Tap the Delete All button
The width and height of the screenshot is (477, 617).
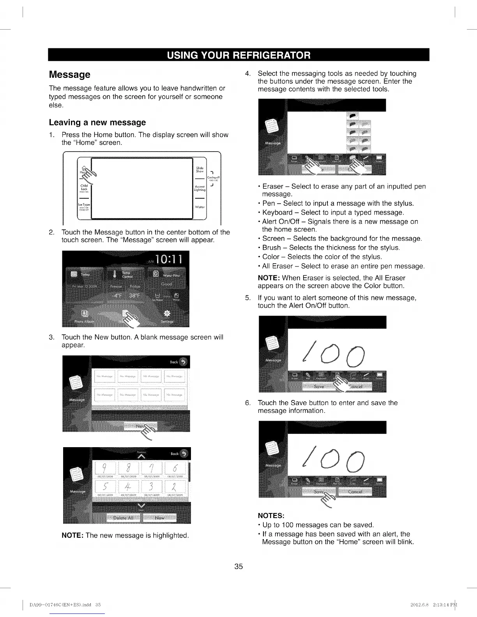[123, 518]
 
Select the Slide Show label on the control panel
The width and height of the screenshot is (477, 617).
[200, 170]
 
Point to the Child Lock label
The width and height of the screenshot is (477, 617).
[84, 187]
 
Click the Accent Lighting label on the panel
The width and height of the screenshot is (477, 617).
[200, 188]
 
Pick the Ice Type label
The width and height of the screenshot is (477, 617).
[85, 205]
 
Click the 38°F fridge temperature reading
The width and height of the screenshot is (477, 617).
[134, 295]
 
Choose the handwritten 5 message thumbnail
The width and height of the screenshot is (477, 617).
[104, 487]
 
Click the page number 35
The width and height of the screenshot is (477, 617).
[238, 566]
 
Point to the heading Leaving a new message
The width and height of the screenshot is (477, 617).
[97, 122]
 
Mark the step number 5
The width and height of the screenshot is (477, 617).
[247, 298]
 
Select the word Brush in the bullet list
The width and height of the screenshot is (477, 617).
[272, 248]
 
